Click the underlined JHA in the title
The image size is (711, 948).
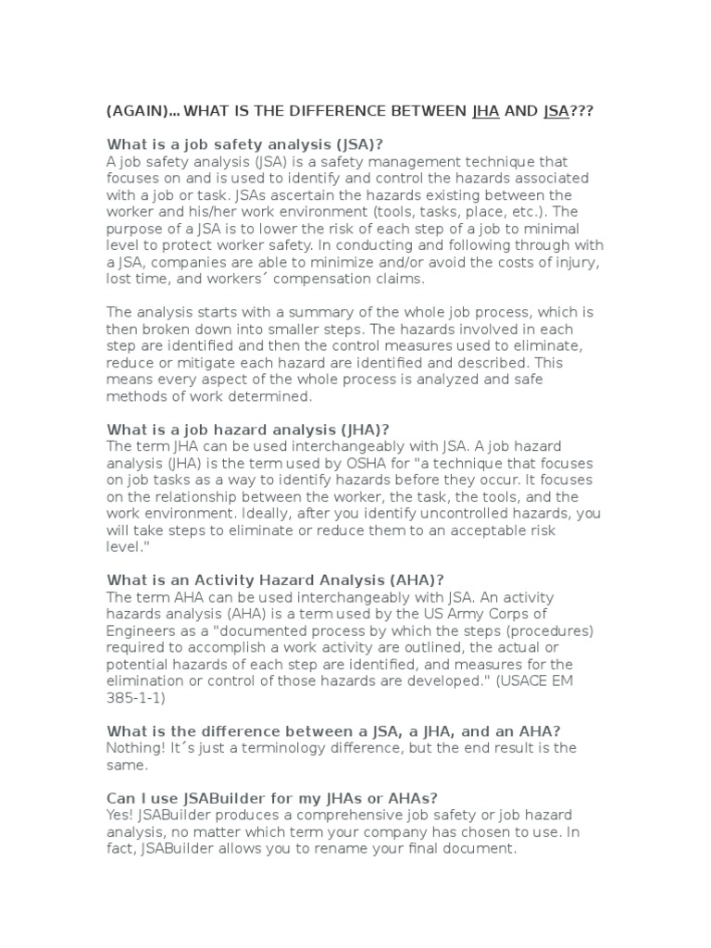pyautogui.click(x=486, y=111)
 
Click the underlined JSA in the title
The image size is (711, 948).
pyautogui.click(x=556, y=111)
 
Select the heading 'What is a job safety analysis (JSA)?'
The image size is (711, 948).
pyautogui.click(x=245, y=143)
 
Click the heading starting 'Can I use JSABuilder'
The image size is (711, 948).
pyautogui.click(x=273, y=799)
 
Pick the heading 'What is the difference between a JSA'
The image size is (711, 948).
pyautogui.click(x=347, y=731)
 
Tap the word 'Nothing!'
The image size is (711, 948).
pyautogui.click(x=138, y=748)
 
